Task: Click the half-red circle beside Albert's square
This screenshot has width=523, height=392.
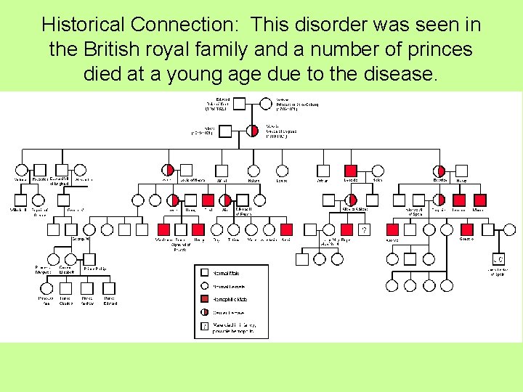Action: click(x=252, y=131)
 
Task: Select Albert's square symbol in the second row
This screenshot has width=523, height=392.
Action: click(x=225, y=131)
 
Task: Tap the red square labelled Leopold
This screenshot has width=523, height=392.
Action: click(x=351, y=171)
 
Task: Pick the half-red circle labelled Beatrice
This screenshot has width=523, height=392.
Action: click(x=440, y=171)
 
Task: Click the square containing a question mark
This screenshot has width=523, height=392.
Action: click(x=363, y=230)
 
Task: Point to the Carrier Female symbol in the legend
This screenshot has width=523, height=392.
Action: click(x=206, y=312)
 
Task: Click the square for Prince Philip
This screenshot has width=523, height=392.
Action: click(x=89, y=259)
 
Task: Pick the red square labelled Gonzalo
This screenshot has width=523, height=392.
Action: click(x=467, y=230)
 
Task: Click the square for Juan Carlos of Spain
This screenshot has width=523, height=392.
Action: click(x=498, y=259)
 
